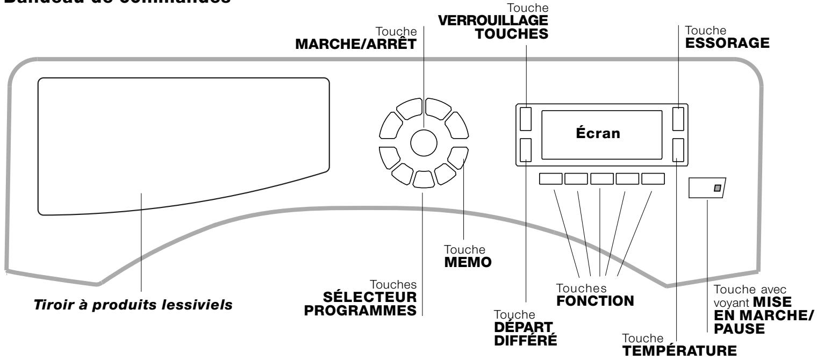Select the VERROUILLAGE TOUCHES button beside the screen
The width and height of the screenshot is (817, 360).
[x=526, y=119]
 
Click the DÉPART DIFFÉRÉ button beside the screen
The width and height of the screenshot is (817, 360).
[x=526, y=150]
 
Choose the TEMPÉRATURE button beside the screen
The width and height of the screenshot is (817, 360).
[x=679, y=150]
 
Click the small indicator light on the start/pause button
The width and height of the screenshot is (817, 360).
[x=716, y=188]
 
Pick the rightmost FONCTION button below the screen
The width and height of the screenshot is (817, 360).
[x=653, y=179]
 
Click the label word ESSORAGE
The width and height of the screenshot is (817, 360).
[x=723, y=42]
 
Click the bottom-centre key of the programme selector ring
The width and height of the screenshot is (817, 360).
[x=424, y=178]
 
